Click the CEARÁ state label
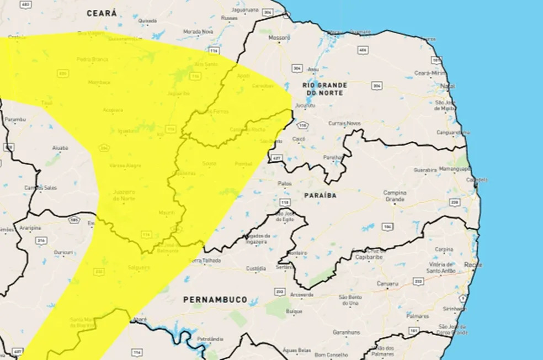pos(102,13)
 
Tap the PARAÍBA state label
pos(320,195)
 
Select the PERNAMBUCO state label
pos(215,299)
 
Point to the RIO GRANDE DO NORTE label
pos(324,89)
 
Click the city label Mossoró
pos(279,38)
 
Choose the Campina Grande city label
pos(398,196)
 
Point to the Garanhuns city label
pos(346,332)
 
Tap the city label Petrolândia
pos(209,338)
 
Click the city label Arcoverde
pos(303,294)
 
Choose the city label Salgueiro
pos(139,267)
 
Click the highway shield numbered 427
pos(276,158)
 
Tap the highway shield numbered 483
pos(25,4)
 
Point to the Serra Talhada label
pos(205,261)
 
